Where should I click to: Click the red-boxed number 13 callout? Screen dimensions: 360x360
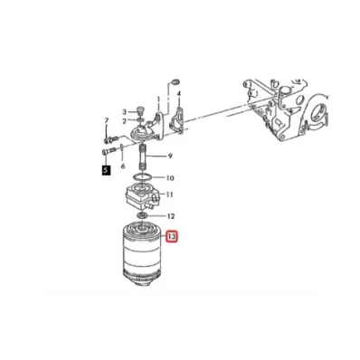tap(172, 238)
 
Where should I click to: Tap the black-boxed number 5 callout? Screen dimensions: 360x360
tap(106, 168)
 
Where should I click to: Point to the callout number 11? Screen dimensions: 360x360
tap(169, 194)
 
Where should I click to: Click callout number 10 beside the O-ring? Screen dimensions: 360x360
tap(169, 178)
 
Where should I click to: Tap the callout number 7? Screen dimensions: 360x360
tap(106, 120)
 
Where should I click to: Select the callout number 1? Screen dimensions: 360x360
tap(158, 99)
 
